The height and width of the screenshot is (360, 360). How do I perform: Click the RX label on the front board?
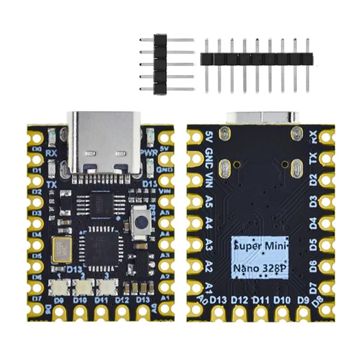[x=52, y=153]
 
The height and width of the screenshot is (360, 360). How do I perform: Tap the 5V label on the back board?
[x=209, y=137]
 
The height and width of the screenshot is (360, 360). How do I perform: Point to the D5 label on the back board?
[x=312, y=244]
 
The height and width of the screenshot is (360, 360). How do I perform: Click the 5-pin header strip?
[x=161, y=64]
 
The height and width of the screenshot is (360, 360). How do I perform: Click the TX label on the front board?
[x=52, y=184]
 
